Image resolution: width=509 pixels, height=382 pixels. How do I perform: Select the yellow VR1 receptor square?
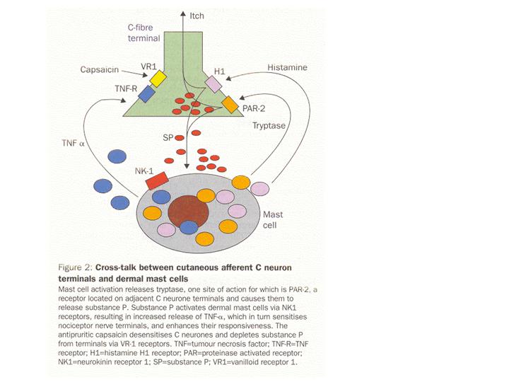click(x=157, y=78)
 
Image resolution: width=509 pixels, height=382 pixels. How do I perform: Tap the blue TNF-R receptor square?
click(x=147, y=93)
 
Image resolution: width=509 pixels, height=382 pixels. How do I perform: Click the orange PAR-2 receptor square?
click(x=230, y=105)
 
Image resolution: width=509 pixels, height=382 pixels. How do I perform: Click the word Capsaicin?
click(x=99, y=70)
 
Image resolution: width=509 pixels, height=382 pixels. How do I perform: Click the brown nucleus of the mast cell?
click(x=187, y=209)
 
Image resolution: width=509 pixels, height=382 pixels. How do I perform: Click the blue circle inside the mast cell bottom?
click(x=188, y=227)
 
